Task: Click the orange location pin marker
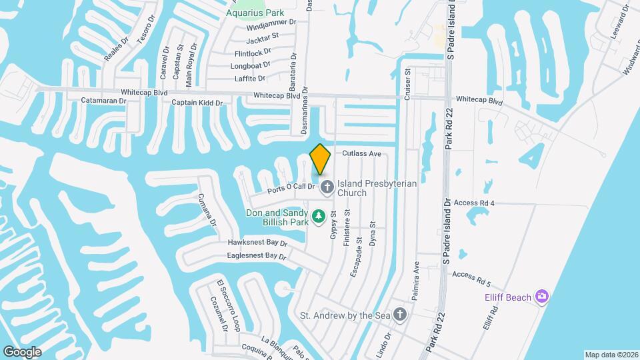click(x=320, y=159)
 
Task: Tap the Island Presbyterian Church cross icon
click(x=327, y=187)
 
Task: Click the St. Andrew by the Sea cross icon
click(x=399, y=315)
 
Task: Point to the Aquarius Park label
click(x=255, y=13)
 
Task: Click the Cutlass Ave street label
click(x=361, y=153)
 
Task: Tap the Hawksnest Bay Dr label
click(x=257, y=243)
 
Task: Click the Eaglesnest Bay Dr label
click(x=257, y=255)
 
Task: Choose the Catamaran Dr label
click(x=104, y=101)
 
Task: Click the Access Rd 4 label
click(x=473, y=203)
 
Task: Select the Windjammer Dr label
click(x=266, y=27)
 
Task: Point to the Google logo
click(x=22, y=352)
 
